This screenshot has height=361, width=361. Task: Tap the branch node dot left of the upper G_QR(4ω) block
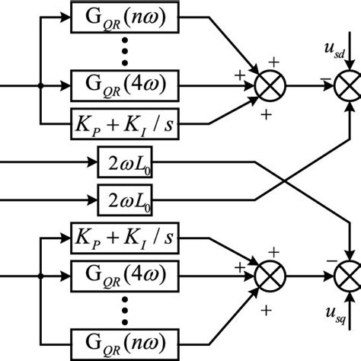click(40, 85)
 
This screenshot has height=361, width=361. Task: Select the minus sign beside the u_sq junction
click(324, 264)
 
